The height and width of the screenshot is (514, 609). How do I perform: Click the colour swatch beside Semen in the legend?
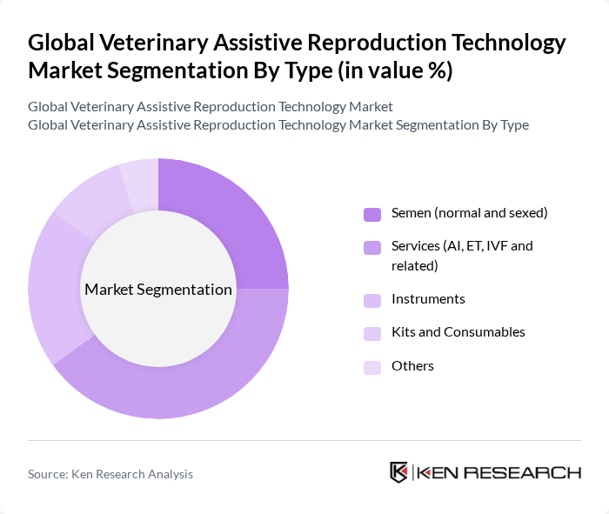point(372,214)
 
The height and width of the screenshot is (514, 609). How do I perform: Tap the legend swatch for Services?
point(372,247)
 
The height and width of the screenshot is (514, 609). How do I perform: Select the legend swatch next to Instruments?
point(372,300)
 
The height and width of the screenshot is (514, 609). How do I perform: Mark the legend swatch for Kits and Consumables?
point(372,333)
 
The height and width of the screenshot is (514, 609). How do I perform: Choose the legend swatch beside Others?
point(372,367)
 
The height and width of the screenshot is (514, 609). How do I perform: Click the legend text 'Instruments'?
point(428,299)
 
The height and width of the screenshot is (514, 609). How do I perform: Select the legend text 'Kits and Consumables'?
point(458,332)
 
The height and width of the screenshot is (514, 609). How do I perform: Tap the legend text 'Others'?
point(412,366)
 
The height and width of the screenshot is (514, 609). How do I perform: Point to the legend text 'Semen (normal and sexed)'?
point(469,213)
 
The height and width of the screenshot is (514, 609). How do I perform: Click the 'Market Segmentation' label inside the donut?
point(158,290)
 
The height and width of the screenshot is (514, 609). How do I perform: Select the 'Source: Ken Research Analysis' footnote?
point(110,474)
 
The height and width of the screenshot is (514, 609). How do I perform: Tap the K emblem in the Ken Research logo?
point(398,472)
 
